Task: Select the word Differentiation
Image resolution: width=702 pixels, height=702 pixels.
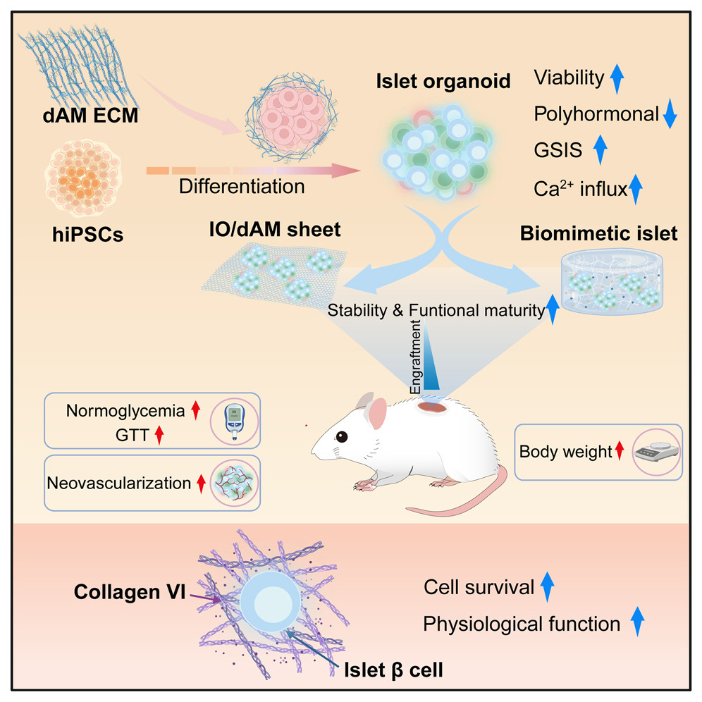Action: click(242, 187)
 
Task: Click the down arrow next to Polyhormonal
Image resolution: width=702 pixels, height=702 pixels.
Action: click(670, 113)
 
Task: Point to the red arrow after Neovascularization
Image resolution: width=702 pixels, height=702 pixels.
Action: click(201, 484)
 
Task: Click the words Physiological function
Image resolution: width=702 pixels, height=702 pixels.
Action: click(522, 623)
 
